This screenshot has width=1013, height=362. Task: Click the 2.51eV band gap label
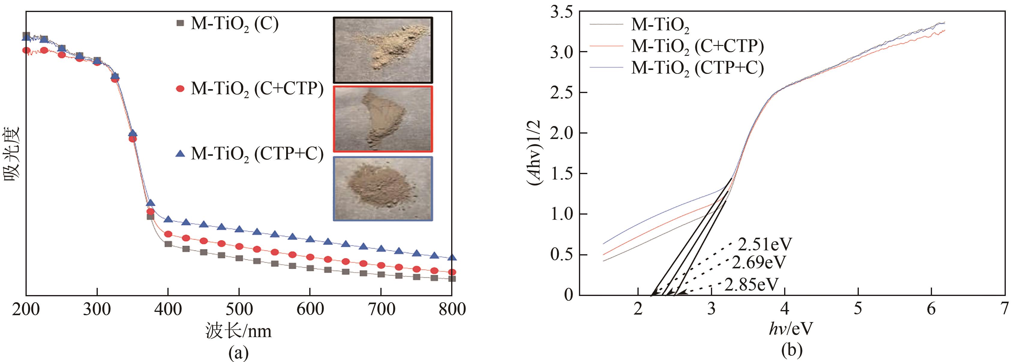click(764, 245)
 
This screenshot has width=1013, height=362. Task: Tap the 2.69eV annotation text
click(759, 262)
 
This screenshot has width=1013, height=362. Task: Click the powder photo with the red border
click(383, 119)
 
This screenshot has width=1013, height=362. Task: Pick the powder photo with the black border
click(383, 50)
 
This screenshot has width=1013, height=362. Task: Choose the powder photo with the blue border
click(383, 189)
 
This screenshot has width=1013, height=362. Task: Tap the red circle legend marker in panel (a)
click(180, 89)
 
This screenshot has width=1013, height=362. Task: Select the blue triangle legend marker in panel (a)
click(180, 154)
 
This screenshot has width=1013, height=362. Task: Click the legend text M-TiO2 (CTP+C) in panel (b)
click(697, 68)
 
